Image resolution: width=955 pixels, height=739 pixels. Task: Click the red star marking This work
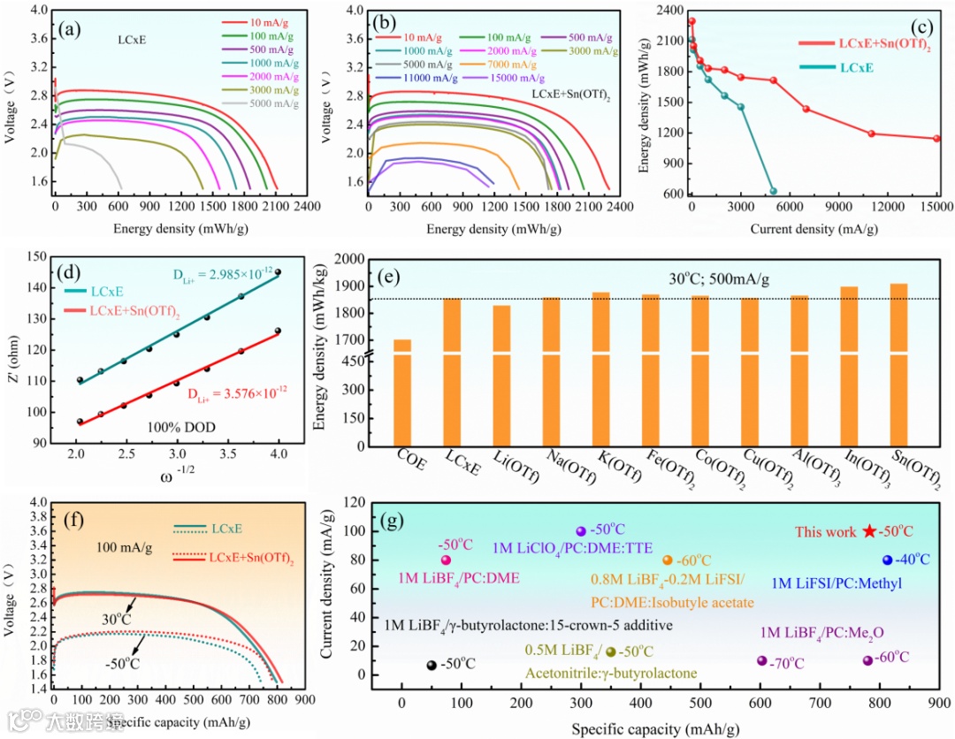coord(870,531)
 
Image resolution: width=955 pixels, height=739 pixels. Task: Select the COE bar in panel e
coord(402,393)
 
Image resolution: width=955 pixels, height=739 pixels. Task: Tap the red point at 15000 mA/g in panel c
coord(936,139)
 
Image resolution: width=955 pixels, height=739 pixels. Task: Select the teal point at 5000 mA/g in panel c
coord(773,191)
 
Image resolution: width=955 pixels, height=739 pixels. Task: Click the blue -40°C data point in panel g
coord(887,560)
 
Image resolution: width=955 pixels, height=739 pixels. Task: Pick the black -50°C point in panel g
coord(432,666)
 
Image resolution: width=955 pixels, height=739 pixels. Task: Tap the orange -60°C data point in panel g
coord(668,560)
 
